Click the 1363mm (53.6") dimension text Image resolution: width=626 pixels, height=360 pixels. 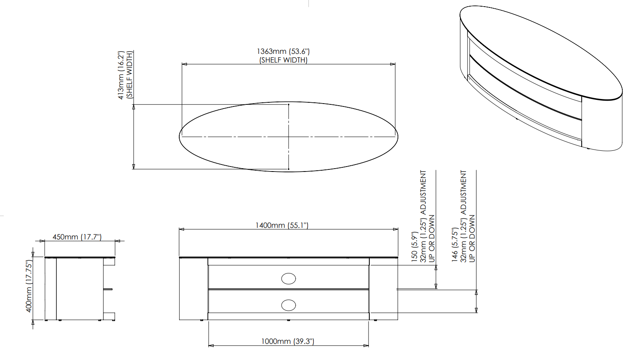283,51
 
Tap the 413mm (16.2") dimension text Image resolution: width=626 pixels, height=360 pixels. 121,75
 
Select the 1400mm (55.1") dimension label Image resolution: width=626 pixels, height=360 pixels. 282,225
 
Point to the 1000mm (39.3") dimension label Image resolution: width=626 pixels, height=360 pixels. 288,341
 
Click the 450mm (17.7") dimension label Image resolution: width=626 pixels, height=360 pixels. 77,237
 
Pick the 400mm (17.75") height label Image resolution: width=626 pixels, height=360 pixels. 29,286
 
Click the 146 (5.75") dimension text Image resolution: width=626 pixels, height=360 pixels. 455,245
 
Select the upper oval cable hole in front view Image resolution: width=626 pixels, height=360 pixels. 289,279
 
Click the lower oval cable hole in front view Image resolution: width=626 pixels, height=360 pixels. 289,305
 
